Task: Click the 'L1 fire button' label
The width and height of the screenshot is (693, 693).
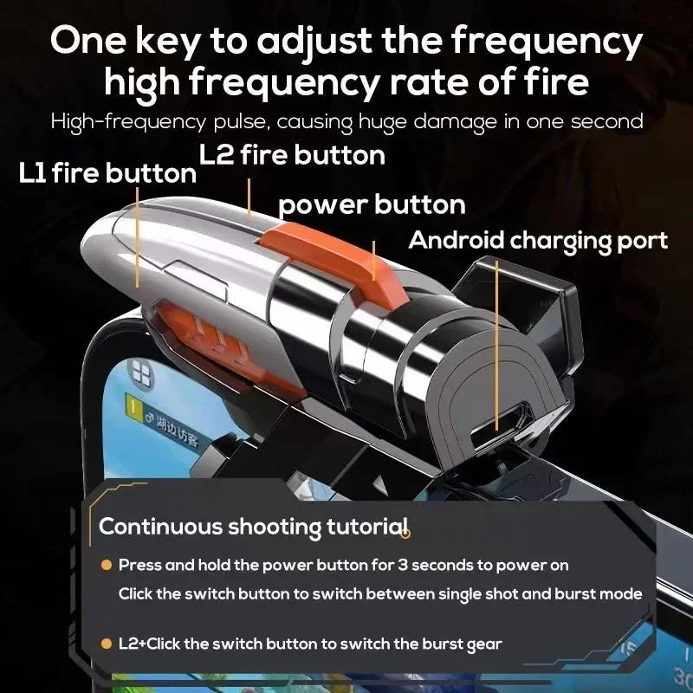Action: [x=107, y=173]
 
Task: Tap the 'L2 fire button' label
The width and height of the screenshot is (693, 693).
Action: [x=292, y=155]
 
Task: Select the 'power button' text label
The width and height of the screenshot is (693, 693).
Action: [x=372, y=205]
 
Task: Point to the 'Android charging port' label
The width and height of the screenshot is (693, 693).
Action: [x=537, y=240]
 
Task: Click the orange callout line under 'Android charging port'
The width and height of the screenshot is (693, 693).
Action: [x=496, y=342]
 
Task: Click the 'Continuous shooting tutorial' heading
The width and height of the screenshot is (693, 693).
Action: [x=252, y=526]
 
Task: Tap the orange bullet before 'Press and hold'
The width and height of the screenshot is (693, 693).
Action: [x=107, y=565]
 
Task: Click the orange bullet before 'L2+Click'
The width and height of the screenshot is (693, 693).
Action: [x=107, y=644]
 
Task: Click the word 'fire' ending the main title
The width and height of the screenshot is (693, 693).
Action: [x=554, y=82]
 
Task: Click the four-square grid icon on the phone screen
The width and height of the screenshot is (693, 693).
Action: [x=138, y=373]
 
